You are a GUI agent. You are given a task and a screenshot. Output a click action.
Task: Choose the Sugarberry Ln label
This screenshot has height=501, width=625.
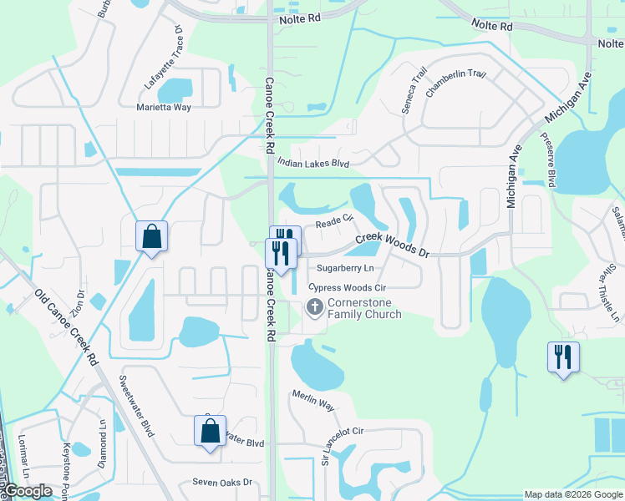[345, 268]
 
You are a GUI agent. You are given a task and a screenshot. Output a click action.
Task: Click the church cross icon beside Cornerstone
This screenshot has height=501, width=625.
[315, 308]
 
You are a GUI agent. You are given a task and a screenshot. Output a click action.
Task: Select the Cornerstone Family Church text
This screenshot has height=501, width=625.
[364, 308]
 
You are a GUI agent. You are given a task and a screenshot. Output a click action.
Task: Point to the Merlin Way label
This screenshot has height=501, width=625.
[313, 401]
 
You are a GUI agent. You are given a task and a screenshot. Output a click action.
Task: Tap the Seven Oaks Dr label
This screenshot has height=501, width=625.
[221, 482]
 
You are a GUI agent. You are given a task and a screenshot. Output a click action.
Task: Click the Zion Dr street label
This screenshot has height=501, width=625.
[78, 301]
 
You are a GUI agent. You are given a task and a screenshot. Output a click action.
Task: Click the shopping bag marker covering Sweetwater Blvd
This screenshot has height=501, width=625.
[210, 432]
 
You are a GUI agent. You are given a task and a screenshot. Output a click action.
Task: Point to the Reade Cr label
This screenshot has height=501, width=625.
[334, 223]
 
